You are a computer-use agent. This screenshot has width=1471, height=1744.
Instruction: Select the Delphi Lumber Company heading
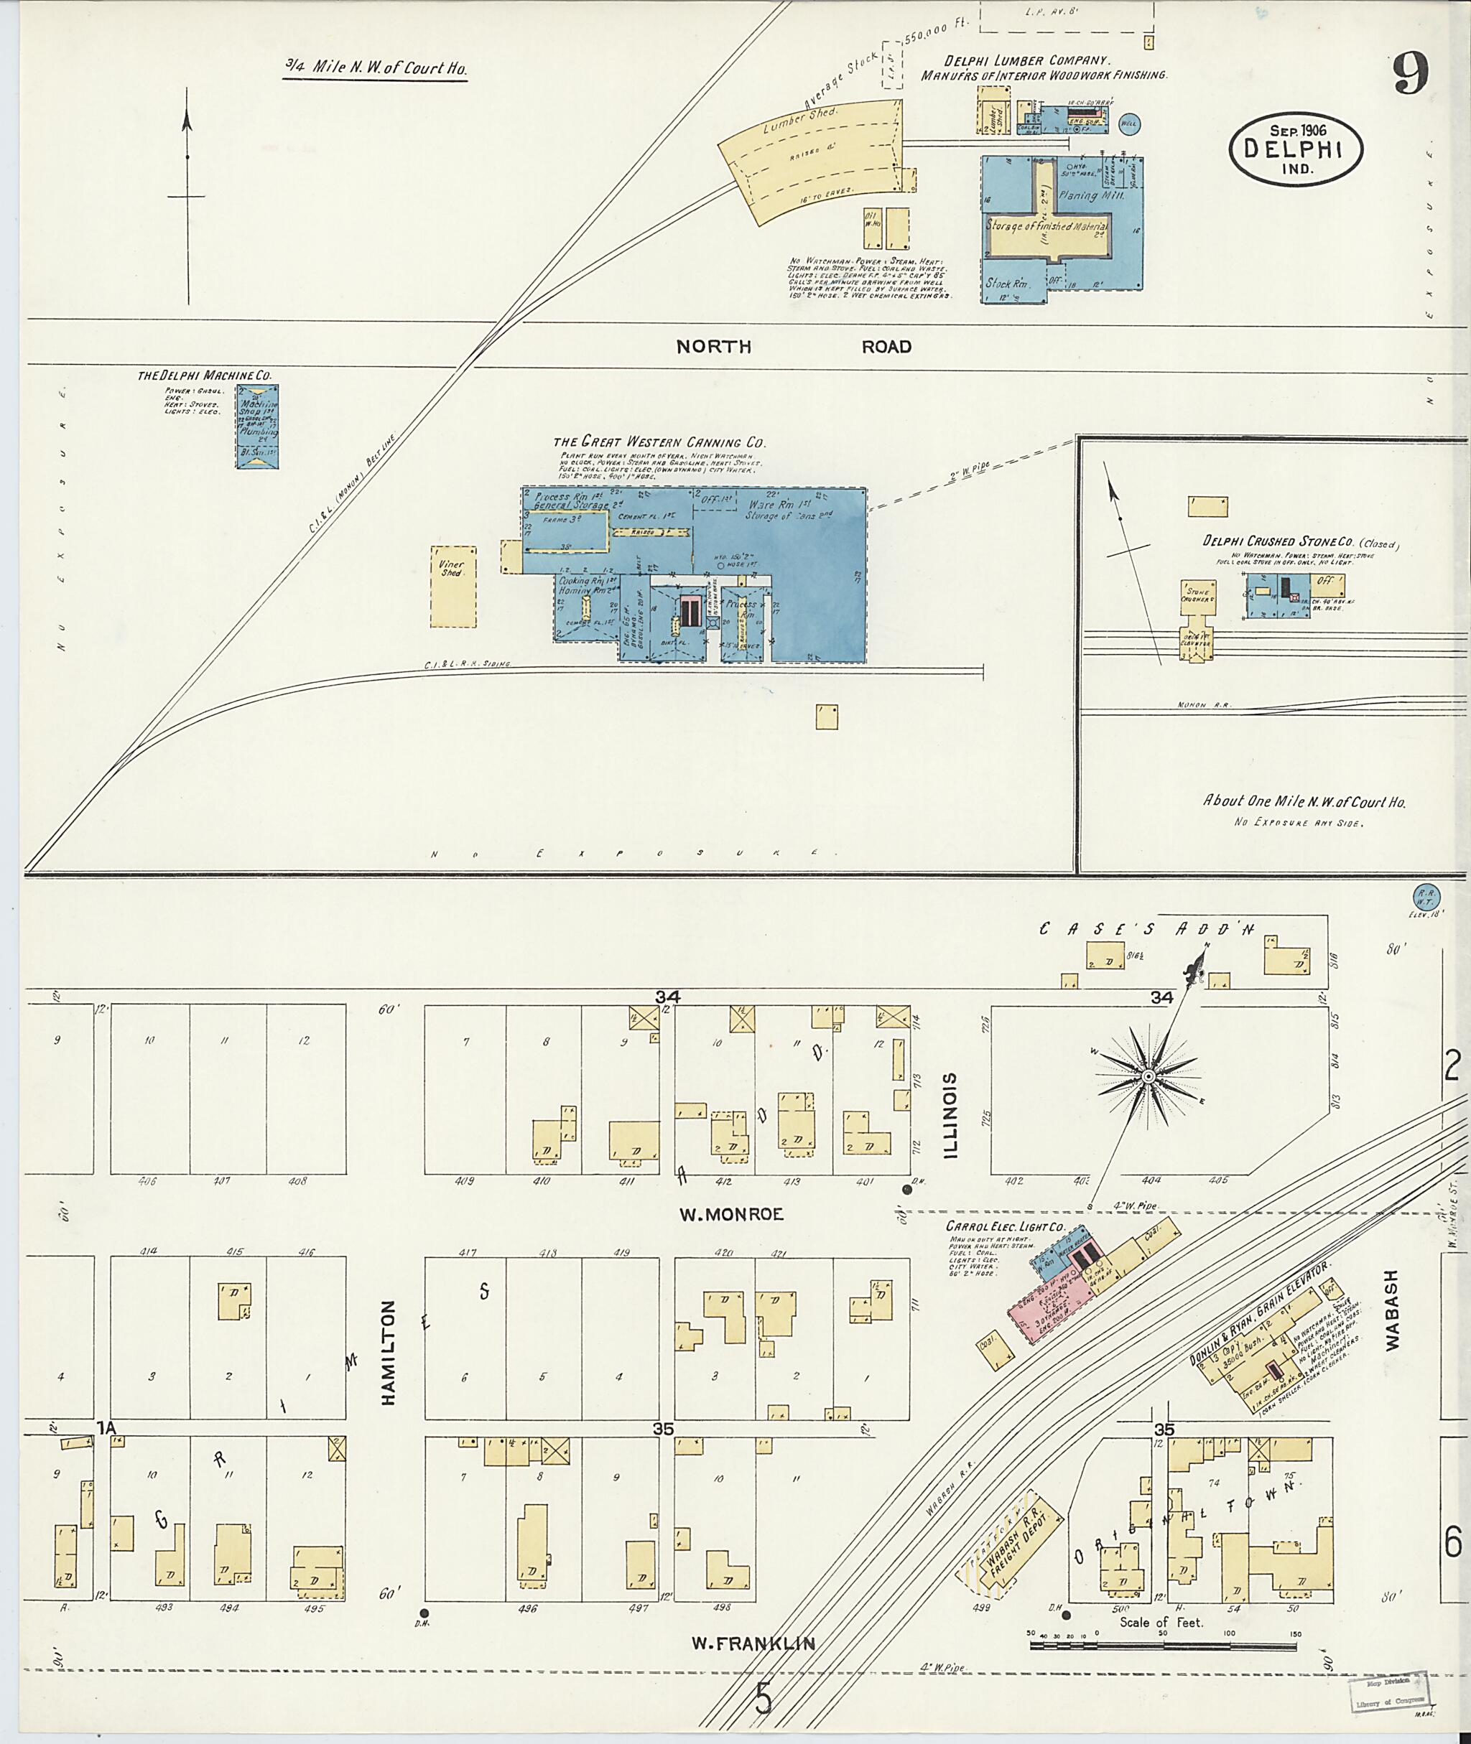coord(1026,61)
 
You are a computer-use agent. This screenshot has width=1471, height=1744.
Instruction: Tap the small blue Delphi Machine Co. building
coord(255,425)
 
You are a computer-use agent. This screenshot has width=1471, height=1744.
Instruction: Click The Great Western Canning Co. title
coord(659,443)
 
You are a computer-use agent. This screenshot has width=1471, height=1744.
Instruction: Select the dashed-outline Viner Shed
coord(453,587)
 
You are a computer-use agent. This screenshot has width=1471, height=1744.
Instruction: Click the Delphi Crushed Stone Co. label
coord(1300,541)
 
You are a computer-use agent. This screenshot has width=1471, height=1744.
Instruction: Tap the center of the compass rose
coord(1149,1078)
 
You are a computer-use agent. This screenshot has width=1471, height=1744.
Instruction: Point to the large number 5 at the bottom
coord(763,1697)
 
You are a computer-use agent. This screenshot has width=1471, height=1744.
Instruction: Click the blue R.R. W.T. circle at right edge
coord(1423,896)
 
